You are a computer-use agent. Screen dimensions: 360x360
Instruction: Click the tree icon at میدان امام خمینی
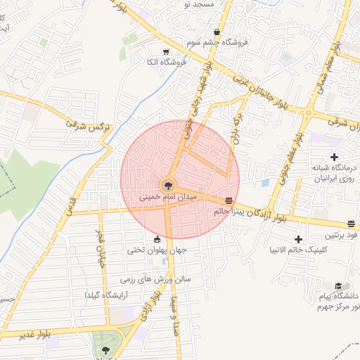coord(168,186)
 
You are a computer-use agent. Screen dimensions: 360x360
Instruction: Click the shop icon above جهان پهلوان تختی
coord(157,240)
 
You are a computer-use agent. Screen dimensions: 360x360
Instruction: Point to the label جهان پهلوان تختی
coord(157,250)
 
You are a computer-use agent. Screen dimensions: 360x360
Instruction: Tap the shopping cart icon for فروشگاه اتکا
coord(166,51)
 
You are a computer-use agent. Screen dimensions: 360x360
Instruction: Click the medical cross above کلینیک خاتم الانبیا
coord(299,239)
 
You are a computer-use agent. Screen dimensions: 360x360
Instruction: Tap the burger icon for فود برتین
coord(352,224)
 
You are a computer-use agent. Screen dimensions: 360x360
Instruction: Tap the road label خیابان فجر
coord(99,245)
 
